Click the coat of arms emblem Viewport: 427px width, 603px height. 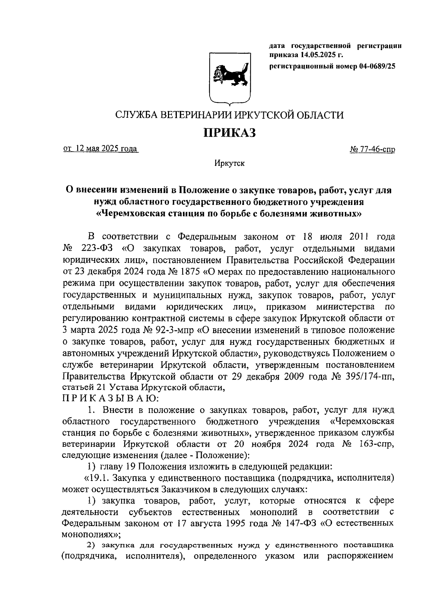click(x=230, y=78)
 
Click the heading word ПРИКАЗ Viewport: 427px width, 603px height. click(x=230, y=133)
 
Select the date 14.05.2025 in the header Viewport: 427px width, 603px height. click(x=318, y=55)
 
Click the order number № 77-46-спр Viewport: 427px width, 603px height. click(x=373, y=150)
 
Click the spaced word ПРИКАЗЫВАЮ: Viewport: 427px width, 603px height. click(x=111, y=399)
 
